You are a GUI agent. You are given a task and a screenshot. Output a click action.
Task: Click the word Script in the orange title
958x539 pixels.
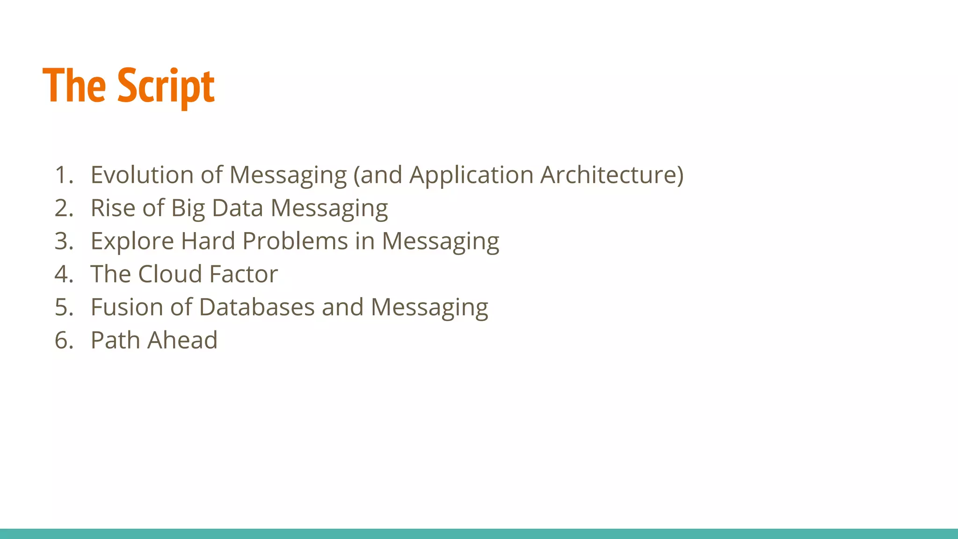(166, 87)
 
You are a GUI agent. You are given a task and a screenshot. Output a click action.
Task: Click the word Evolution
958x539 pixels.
(142, 175)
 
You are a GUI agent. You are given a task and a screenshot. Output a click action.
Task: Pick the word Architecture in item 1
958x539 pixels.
(611, 175)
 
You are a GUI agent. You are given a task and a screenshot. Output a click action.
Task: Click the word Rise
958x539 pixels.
(113, 208)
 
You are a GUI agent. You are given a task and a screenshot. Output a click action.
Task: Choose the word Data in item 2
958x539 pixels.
(237, 208)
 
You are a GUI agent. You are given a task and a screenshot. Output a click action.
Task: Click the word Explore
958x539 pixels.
(132, 241)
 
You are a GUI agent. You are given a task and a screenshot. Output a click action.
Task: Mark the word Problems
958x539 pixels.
(295, 241)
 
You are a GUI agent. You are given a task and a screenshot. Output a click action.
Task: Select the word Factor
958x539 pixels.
(243, 274)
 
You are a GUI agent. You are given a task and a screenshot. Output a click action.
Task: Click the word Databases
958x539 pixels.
(257, 307)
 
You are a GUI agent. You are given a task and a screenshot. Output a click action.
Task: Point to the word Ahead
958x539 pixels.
(182, 340)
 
